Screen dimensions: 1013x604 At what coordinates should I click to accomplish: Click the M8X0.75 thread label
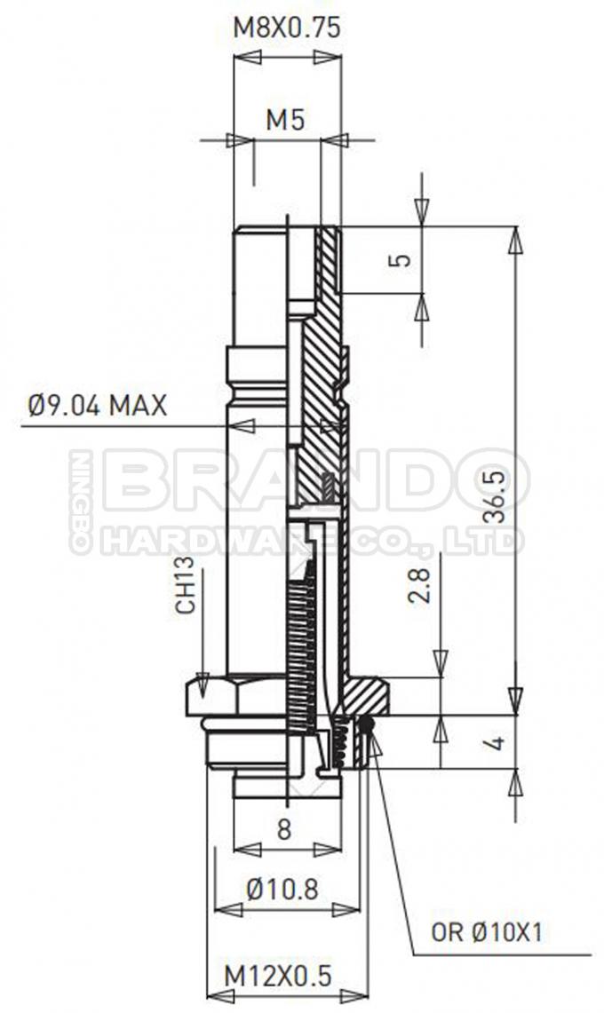tap(286, 28)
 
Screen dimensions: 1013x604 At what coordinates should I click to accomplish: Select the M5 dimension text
tap(286, 121)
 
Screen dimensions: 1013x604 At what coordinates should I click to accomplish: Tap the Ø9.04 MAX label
tap(97, 406)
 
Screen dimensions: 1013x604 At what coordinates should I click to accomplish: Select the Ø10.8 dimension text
tap(282, 889)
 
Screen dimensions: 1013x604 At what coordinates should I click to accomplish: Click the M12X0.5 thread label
tap(277, 975)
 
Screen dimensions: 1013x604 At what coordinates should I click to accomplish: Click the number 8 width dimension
tap(283, 829)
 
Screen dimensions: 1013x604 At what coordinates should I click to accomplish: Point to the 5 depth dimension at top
tap(401, 260)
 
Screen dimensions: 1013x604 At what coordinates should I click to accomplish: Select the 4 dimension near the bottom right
tap(497, 740)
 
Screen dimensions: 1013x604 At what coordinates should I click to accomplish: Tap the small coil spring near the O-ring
tap(338, 744)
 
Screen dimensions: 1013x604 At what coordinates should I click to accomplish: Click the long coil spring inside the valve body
tap(303, 648)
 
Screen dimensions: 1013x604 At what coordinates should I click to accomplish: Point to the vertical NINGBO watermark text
tap(82, 502)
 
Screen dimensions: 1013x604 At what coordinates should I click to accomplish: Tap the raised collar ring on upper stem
tap(258, 364)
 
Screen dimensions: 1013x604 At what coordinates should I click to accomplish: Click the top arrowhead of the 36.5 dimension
tap(515, 241)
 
